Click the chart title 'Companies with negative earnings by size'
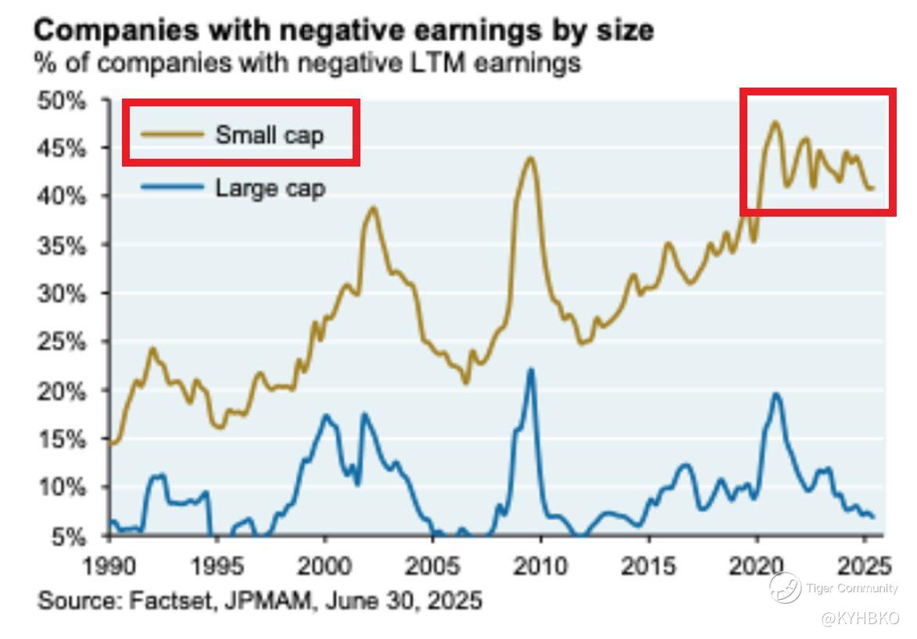click(344, 31)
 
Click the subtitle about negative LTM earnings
click(307, 63)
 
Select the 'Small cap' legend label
click(270, 135)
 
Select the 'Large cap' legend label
click(270, 188)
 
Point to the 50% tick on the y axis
click(59, 101)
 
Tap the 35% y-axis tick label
click(59, 246)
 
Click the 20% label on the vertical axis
click(59, 391)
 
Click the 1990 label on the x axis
click(109, 565)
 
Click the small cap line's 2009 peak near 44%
click(530, 158)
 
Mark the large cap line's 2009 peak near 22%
click(531, 369)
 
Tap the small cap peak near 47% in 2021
click(775, 122)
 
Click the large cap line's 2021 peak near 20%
click(776, 393)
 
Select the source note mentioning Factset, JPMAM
click(260, 601)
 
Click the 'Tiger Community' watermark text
click(851, 588)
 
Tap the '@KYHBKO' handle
click(859, 619)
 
